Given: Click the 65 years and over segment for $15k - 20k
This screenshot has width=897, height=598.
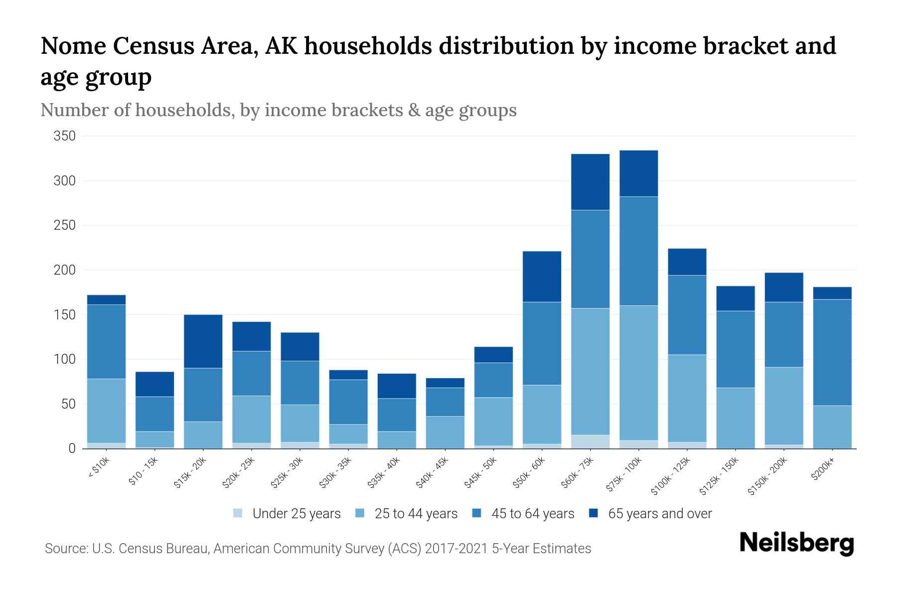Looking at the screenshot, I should pyautogui.click(x=203, y=341).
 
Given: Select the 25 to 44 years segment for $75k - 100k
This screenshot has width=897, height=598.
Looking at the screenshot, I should pyautogui.click(x=638, y=373).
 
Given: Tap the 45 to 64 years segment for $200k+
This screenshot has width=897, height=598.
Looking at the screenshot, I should pyautogui.click(x=832, y=352).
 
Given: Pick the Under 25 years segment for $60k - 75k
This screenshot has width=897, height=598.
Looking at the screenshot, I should pyautogui.click(x=590, y=442).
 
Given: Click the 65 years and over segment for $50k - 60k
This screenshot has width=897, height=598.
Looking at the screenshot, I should pyautogui.click(x=542, y=277).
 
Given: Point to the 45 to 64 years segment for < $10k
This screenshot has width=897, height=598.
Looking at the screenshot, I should pyautogui.click(x=106, y=341).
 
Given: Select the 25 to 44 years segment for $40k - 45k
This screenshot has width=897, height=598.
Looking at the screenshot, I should pyautogui.click(x=445, y=432).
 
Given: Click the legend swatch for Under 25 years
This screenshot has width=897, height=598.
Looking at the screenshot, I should pyautogui.click(x=238, y=513).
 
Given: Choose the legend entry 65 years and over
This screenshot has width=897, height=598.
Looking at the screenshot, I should pyautogui.click(x=660, y=514).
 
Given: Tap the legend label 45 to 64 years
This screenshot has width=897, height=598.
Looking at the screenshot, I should pyautogui.click(x=533, y=514).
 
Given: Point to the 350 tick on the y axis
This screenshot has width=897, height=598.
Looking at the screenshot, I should pyautogui.click(x=64, y=136).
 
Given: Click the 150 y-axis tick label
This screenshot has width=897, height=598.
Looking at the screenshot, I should pyautogui.click(x=64, y=315).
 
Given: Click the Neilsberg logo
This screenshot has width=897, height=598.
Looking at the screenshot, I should pyautogui.click(x=796, y=543).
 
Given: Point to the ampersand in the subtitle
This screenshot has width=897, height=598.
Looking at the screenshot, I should pyautogui.click(x=414, y=110).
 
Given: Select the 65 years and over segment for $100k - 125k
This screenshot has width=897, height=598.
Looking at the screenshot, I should pyautogui.click(x=687, y=262).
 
